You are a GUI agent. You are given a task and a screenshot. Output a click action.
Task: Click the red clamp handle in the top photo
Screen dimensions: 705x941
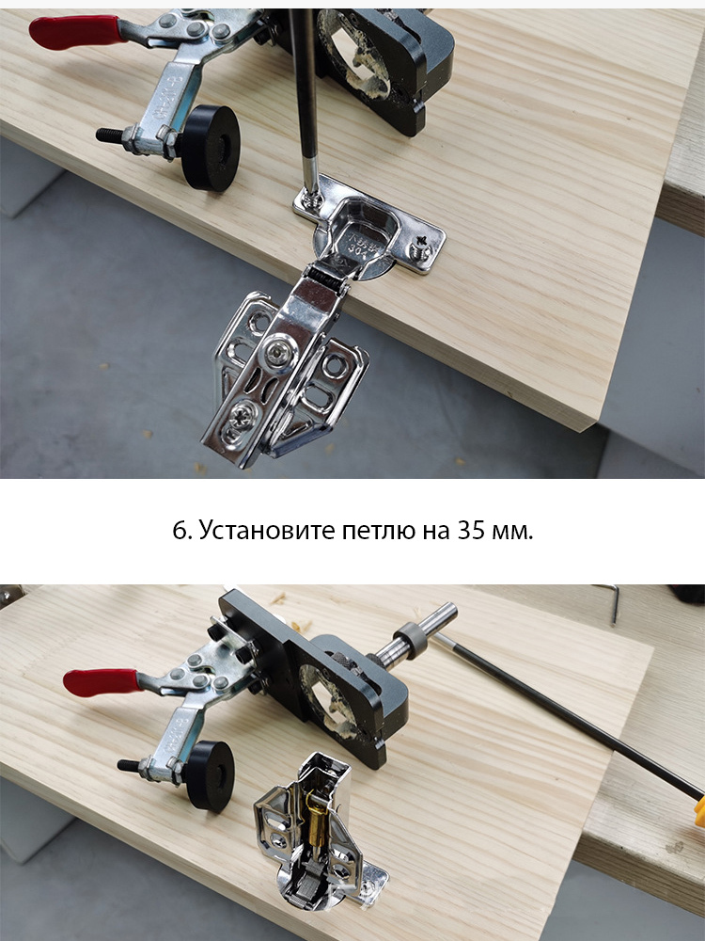75,32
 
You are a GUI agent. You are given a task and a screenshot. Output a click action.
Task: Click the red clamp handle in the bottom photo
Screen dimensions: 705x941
102,681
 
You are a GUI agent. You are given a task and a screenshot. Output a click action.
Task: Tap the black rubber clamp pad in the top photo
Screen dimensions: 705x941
210,148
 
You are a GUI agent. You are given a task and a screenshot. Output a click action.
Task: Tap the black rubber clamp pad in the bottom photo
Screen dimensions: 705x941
210,776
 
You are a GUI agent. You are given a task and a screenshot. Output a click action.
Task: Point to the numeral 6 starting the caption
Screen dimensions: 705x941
180,531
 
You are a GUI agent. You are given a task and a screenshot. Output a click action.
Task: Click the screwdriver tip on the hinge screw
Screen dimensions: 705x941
312,196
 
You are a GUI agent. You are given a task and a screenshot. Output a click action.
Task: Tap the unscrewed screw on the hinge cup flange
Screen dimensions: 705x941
421,245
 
